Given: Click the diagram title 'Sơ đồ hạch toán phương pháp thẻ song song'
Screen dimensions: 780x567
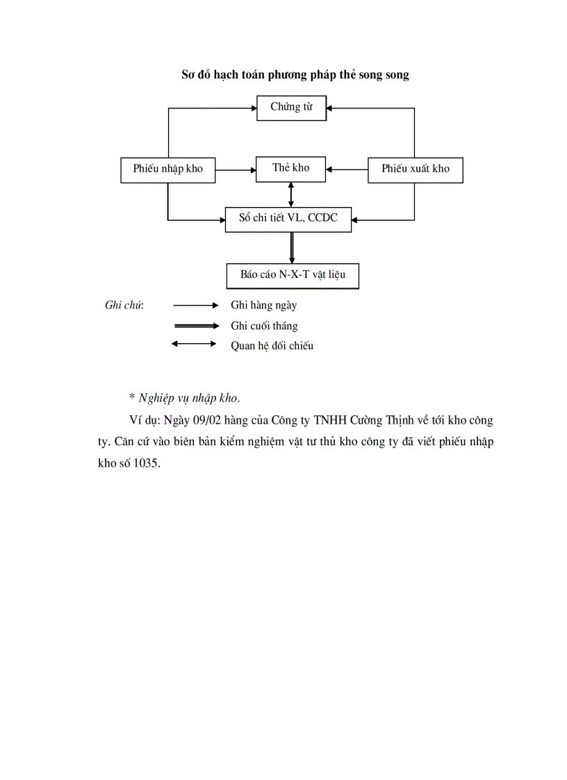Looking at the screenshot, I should tap(295, 75).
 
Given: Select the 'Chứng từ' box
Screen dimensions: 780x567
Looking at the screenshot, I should tap(291, 108).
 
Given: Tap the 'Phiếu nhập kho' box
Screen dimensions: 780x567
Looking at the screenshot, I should tap(167, 169).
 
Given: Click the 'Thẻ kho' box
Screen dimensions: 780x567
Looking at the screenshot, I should tap(291, 168).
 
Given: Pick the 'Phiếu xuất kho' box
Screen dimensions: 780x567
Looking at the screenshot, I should tap(415, 169).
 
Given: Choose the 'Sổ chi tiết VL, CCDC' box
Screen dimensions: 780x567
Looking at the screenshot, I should tap(288, 218).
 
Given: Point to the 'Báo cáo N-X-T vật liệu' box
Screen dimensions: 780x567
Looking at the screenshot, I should tap(293, 274).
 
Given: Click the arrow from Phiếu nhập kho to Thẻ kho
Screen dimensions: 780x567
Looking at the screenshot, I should tap(235, 169).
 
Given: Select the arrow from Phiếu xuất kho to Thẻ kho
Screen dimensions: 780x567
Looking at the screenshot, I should tap(347, 169).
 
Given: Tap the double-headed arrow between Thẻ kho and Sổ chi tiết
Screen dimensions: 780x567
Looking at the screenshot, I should tap(291, 194).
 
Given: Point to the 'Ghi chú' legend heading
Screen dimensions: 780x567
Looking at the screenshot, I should tap(124, 305).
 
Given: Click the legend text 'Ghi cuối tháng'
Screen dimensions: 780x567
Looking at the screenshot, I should tap(264, 325).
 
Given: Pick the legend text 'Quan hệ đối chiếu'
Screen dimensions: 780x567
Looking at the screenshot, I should tap(272, 345).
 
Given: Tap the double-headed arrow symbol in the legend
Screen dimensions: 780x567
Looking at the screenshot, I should tap(195, 343).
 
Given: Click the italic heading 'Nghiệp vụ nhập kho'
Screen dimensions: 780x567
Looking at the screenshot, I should tap(188, 398).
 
